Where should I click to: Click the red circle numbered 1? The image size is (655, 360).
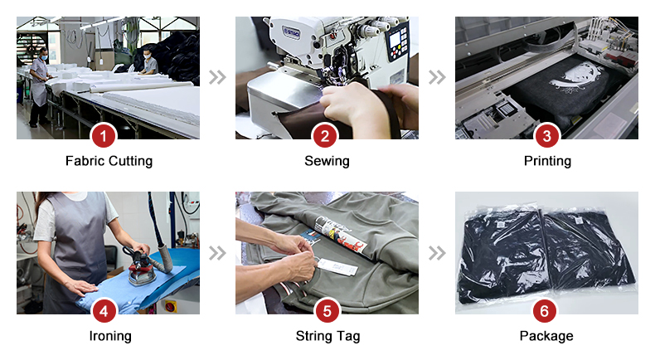coord(104,136)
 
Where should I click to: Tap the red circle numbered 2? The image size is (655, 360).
coord(325,136)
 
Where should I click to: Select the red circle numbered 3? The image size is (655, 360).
coord(547,136)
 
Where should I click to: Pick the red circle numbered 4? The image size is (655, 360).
coord(104,311)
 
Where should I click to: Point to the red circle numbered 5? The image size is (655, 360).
coord(327,311)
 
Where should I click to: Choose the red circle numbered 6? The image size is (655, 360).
coord(544,311)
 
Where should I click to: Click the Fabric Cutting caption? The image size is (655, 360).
coord(109,162)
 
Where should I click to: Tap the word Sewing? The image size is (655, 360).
coord(327,162)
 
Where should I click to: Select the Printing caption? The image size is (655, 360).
coord(548,162)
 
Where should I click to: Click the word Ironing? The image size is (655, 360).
coord(110,336)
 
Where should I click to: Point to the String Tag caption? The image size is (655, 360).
coord(328,336)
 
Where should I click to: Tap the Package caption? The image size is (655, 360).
coord(546,336)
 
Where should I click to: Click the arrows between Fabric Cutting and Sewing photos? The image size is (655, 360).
coord(217,77)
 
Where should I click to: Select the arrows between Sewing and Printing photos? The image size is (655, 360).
coord(437,77)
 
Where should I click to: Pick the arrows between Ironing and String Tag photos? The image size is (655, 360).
coord(217,253)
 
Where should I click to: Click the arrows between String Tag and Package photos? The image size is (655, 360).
coord(437,253)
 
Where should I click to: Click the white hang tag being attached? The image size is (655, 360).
coord(337,267)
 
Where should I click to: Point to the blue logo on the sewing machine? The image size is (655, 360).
coord(291,32)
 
